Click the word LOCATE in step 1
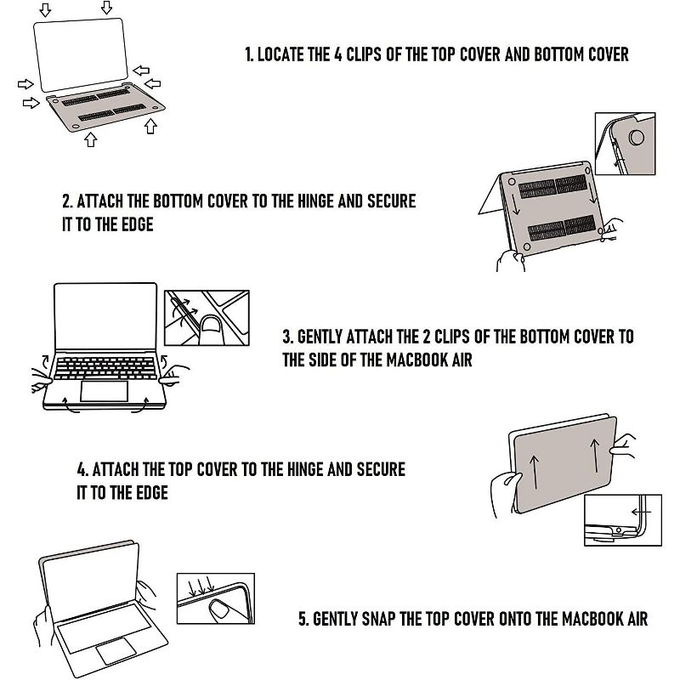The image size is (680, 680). (x=280, y=54)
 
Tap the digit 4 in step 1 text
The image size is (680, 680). (x=337, y=54)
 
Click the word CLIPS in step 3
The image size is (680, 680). (x=452, y=337)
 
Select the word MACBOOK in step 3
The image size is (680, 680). (x=416, y=360)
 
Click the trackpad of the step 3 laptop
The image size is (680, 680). (x=104, y=391)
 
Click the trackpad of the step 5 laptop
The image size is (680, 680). (x=116, y=651)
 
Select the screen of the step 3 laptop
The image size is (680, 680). (x=105, y=316)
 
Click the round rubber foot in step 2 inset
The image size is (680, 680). (x=636, y=137)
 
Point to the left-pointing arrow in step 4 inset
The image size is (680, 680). (x=641, y=513)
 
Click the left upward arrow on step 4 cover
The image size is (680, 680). (x=535, y=473)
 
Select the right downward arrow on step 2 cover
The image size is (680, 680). (x=592, y=190)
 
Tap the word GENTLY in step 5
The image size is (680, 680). (x=335, y=619)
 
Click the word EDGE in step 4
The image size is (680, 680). (x=152, y=493)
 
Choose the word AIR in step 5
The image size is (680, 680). (x=637, y=619)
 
